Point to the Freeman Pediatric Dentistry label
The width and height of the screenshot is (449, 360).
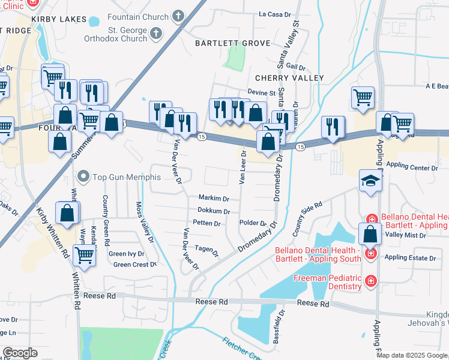coord(327,283)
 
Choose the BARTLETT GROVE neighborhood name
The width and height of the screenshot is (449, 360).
coord(229,43)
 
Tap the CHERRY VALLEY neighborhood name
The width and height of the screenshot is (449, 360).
coord(289,78)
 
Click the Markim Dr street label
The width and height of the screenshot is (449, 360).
coord(214,198)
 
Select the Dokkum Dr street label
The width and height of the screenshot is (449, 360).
coord(214,211)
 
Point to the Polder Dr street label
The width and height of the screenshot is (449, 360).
coord(252,223)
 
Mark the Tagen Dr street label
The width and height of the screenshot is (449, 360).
coord(206,250)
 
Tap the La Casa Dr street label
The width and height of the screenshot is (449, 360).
coord(274,14)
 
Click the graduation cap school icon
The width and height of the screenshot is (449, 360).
coord(370,180)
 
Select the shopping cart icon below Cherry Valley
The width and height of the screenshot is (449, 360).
coord(363,97)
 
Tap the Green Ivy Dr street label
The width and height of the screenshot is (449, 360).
coord(126,254)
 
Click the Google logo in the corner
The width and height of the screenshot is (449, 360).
coord(20,353)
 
